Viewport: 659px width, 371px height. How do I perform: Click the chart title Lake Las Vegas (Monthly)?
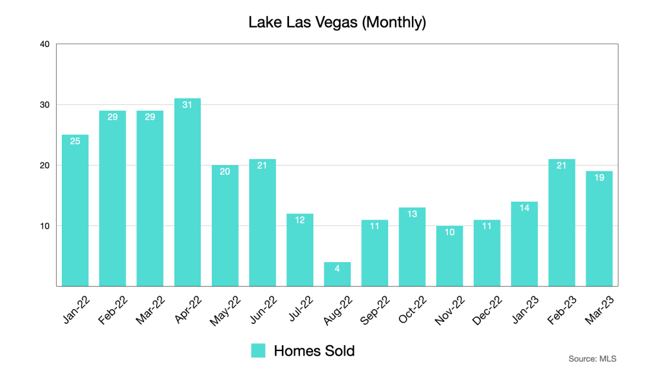337,23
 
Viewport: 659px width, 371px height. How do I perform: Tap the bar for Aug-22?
337,274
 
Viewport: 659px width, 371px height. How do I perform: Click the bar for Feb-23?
561,222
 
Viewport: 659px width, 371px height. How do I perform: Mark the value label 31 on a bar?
187,105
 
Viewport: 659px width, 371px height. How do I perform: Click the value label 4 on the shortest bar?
337,269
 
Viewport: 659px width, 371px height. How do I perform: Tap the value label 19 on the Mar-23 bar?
599,178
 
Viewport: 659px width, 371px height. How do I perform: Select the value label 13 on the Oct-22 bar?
412,214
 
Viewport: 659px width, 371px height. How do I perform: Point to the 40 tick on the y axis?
44,44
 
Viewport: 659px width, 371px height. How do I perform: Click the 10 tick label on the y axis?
44,226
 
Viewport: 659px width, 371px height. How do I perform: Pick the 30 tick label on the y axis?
44,105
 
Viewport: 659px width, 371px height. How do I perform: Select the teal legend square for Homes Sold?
258,350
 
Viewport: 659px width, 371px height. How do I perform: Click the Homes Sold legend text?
314,350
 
